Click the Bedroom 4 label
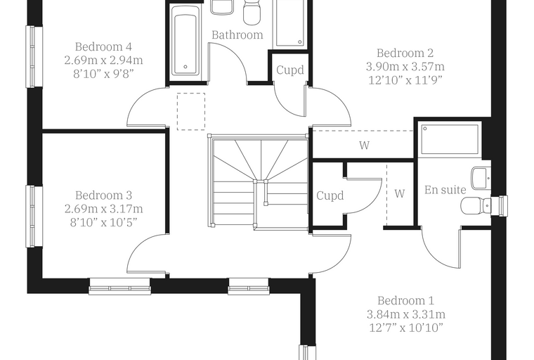coord(103,46)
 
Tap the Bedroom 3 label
coord(103,195)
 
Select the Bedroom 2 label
coord(405,53)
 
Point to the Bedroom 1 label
coord(405,301)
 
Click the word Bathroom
coord(237,34)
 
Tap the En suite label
coord(445,190)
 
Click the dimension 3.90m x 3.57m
coord(405,67)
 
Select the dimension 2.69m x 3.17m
coord(103,209)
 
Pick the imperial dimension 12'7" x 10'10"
coord(406,328)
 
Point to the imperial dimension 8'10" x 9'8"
coord(103,74)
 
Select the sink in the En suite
coord(481,178)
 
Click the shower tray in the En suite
coord(450,139)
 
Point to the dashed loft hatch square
coord(191,112)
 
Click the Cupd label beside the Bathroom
coord(289,70)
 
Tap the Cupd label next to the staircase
coord(330,195)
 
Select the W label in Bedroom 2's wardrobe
coord(364,146)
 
